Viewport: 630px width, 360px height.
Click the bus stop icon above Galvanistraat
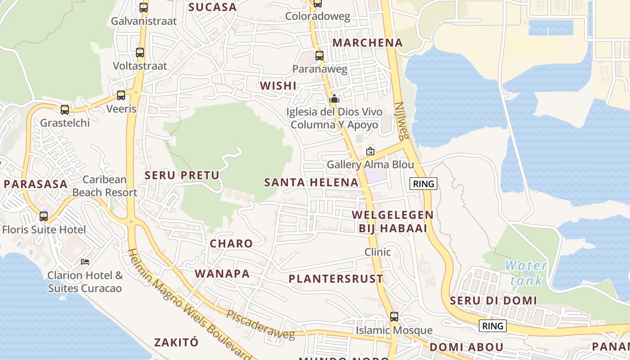tap(144, 8)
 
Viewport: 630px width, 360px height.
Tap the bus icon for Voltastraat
tap(140, 53)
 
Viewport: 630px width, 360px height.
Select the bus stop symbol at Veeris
tap(121, 95)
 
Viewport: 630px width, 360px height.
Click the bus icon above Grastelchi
tap(65, 110)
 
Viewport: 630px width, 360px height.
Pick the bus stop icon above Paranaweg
tap(319, 56)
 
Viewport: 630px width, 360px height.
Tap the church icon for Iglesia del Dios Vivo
tap(334, 99)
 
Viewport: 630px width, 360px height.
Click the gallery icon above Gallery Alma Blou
tap(370, 151)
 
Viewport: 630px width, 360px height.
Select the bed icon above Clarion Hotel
tap(85, 261)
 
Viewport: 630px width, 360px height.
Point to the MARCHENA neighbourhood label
tap(367, 43)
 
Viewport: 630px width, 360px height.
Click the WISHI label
tap(278, 85)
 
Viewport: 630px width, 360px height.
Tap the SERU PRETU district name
tap(182, 175)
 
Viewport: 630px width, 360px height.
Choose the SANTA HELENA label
tap(311, 182)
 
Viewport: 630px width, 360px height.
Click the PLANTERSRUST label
tap(336, 279)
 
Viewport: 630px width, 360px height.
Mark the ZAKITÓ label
tap(176, 342)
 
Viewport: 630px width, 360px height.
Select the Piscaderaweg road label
tap(261, 324)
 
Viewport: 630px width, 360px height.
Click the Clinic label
tap(378, 252)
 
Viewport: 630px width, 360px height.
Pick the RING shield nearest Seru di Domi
tap(492, 326)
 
